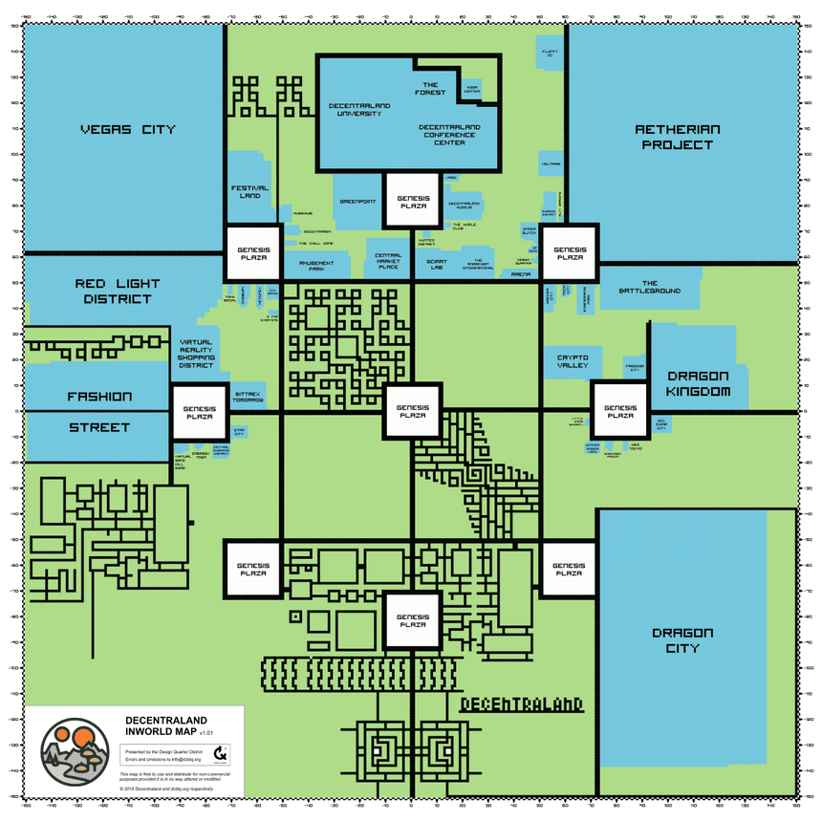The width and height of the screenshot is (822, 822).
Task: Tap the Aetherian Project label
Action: click(677, 137)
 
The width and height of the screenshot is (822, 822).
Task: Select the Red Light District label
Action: click(114, 291)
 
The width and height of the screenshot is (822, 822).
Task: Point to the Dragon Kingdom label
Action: click(699, 383)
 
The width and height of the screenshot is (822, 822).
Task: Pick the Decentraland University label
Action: click(355, 109)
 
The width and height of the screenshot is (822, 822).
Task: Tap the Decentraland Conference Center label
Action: click(449, 134)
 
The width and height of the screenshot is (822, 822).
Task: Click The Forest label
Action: click(430, 88)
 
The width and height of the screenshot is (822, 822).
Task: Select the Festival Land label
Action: click(249, 191)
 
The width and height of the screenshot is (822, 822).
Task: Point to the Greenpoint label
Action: click(359, 202)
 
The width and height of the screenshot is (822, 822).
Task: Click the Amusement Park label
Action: click(316, 266)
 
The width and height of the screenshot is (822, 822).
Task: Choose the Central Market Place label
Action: click(388, 261)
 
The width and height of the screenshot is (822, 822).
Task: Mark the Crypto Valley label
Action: click(573, 361)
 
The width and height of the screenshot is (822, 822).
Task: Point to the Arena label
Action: click(521, 274)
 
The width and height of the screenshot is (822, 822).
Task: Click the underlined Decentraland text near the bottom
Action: click(521, 704)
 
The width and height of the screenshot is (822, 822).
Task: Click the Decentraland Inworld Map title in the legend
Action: click(166, 725)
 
